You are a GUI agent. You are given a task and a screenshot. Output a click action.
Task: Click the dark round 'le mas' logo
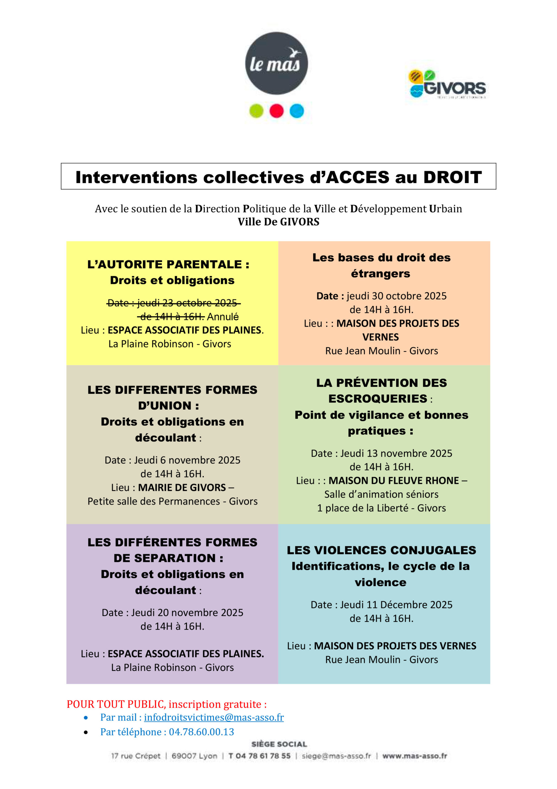coord(276,63)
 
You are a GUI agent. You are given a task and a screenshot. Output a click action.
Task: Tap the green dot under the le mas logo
coord(256,111)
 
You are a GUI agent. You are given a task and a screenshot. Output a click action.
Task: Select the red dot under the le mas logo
coord(276,111)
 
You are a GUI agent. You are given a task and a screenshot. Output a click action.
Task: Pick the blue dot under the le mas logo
coord(297,111)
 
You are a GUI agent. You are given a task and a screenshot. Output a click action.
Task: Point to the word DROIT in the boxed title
coord(452,177)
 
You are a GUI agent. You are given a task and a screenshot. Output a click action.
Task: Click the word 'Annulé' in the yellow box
coord(223,317)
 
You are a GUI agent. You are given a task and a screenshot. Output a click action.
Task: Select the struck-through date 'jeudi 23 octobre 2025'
coord(187,303)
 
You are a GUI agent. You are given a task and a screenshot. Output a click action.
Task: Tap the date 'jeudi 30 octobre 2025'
coord(396,296)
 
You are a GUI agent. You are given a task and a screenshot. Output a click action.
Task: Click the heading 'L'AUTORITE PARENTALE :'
coord(168,264)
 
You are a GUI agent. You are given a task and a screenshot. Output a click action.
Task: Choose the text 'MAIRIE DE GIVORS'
coord(182,487)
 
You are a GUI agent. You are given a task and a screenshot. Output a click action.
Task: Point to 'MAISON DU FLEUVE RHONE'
coord(394,480)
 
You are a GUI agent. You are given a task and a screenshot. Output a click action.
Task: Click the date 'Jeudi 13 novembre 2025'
coord(396,453)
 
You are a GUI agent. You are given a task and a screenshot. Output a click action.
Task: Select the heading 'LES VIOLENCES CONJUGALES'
coord(381,550)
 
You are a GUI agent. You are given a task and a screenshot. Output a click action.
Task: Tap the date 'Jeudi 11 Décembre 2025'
coord(396,604)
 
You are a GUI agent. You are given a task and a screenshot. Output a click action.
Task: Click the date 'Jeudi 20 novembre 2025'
coord(187,612)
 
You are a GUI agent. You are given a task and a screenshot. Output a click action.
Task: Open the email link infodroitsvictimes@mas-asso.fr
coord(214,717)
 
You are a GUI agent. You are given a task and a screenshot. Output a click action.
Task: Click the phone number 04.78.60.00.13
coord(201,732)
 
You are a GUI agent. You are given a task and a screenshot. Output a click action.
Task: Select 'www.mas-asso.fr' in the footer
coord(414,756)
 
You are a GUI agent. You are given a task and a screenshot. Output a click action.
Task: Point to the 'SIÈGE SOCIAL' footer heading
coord(279,744)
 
